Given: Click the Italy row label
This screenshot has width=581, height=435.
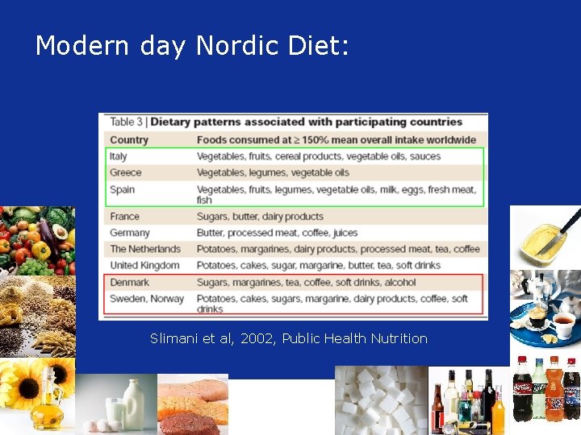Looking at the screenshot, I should [119, 156].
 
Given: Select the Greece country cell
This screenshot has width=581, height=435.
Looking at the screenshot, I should [126, 172].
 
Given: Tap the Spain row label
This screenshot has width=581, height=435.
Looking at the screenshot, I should [123, 189].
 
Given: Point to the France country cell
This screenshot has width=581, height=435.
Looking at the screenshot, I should [125, 217].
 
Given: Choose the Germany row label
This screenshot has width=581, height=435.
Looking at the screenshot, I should [130, 233].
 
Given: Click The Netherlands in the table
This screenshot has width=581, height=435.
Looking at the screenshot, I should [146, 249].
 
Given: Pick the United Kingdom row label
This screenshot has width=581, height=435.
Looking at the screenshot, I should [144, 265].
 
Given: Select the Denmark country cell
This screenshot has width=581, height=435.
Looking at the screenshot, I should [130, 283].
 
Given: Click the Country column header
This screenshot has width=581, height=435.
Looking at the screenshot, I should [129, 139].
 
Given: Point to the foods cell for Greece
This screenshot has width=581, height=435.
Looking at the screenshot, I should [273, 172].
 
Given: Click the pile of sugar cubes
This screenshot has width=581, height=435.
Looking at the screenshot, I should [379, 400].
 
